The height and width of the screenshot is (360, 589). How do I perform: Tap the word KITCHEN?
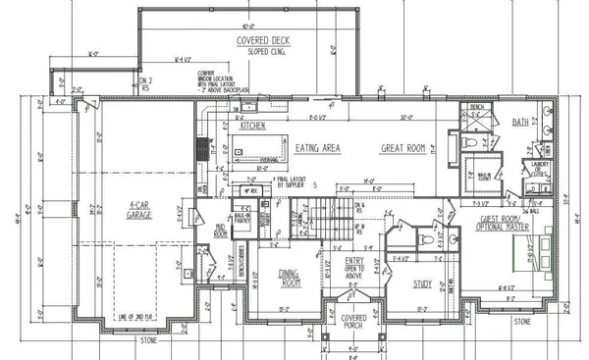click(253, 126)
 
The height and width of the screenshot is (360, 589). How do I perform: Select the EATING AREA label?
click(318, 148)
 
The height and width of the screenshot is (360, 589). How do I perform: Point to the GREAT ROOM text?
click(403, 148)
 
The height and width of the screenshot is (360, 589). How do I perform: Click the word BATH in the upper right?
click(521, 123)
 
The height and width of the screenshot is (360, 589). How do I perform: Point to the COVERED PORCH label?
click(352, 323)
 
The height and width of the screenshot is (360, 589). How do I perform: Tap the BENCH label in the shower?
click(478, 107)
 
